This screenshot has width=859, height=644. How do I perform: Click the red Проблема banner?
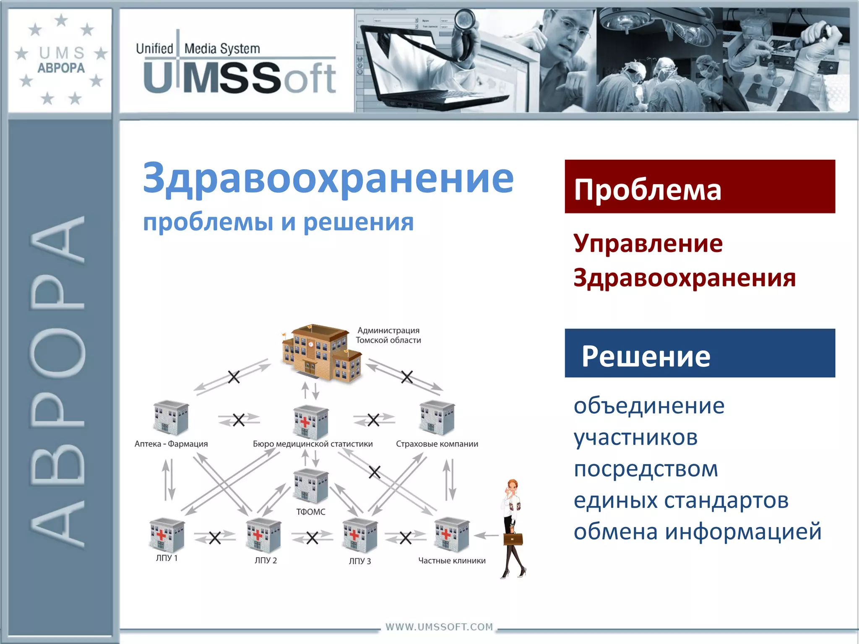coord(700,187)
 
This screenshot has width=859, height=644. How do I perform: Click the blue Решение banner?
coord(700,353)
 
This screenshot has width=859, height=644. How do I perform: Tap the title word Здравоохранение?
coord(328,178)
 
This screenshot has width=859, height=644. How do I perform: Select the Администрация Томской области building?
coord(321,352)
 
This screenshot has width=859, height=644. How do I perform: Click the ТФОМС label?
coord(310,512)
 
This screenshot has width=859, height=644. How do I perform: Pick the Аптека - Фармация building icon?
coord(171,417)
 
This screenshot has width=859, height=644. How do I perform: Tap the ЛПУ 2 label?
coord(266,561)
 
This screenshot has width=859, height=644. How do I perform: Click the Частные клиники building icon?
coord(452,534)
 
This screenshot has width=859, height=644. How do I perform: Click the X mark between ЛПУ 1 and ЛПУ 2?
coord(215,538)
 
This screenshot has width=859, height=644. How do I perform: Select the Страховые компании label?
coord(437,444)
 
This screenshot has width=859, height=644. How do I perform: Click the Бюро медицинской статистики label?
coord(312,444)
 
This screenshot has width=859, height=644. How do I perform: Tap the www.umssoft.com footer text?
coord(439,627)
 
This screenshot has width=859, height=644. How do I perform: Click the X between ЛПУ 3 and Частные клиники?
coord(405,538)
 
